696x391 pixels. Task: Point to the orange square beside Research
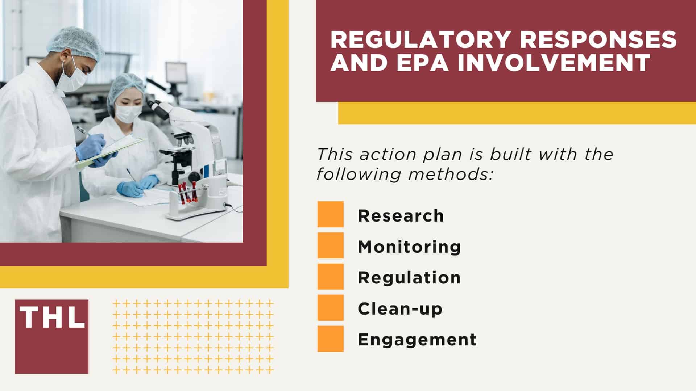tap(330, 214)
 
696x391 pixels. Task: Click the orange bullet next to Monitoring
tap(330, 245)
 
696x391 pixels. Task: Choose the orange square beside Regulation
tap(330, 277)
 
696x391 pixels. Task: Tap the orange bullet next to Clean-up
tap(330, 308)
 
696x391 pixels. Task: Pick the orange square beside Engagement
tap(330, 339)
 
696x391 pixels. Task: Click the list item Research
tap(401, 216)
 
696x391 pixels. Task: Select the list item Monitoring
tap(409, 247)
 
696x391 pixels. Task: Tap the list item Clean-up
tap(400, 309)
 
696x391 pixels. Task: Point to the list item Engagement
tap(417, 340)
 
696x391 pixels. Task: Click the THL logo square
tap(51, 336)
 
